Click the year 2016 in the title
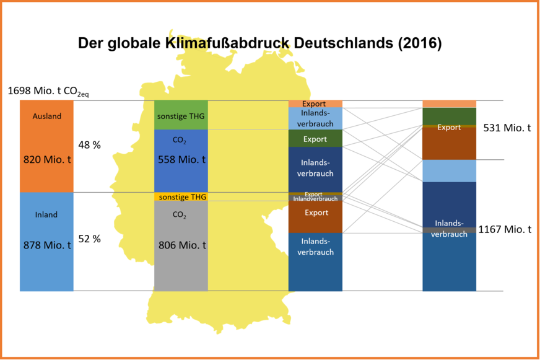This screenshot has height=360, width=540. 419,43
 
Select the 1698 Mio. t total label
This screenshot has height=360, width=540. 48,91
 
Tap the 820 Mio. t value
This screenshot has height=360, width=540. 46,159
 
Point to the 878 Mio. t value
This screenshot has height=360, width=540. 46,245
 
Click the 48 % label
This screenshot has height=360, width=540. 89,144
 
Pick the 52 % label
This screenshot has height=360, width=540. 89,239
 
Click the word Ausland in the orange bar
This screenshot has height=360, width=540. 46,116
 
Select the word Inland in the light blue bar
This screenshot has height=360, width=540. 46,214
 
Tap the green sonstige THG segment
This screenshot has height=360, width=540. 181,116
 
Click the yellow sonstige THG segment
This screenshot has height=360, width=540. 181,196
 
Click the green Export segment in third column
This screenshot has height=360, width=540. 315,139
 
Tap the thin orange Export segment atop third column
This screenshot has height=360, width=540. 315,103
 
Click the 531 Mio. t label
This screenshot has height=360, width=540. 507,128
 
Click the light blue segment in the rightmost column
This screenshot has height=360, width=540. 449,171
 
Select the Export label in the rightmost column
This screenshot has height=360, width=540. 449,128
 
